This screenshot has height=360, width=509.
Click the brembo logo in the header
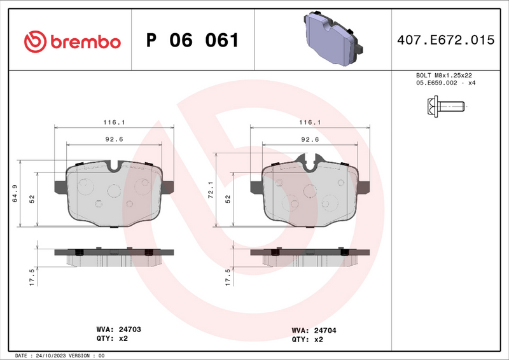point(71,41)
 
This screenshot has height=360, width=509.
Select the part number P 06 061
point(192,41)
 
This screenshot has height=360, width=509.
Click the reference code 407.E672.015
point(445,40)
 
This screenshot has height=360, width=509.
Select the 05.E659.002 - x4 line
point(445,83)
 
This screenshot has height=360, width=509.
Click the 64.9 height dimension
point(15,193)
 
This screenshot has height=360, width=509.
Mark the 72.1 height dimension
point(211,189)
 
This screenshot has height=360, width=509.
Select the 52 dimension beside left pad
point(32,198)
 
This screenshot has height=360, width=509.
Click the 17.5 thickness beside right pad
point(228,278)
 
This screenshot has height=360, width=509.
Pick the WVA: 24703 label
point(118,330)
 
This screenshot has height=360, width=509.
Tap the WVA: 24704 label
point(314,330)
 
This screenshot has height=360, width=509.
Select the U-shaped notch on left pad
point(114,167)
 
